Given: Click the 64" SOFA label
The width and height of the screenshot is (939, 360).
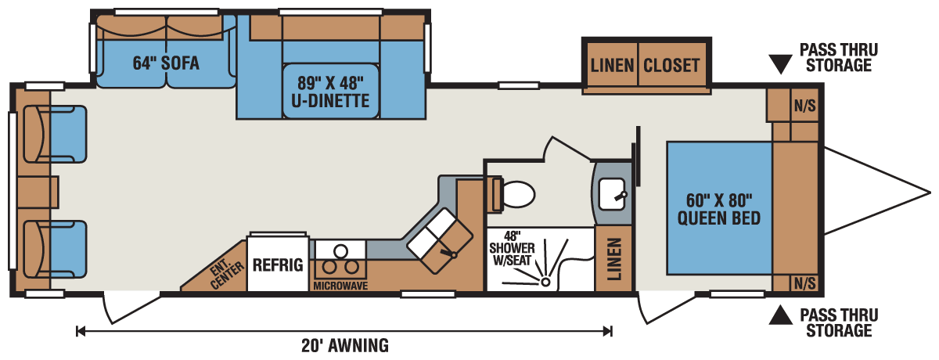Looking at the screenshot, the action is coord(166,63).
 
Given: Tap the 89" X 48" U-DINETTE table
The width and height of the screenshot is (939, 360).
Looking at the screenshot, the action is coord(331,92).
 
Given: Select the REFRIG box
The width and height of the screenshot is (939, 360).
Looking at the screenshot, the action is coord(278,264).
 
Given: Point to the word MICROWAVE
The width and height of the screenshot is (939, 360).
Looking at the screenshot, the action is coord(340,286).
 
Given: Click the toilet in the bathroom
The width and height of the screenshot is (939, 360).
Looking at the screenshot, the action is coord(513,194).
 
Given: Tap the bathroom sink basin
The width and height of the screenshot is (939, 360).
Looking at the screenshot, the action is coord(612,194).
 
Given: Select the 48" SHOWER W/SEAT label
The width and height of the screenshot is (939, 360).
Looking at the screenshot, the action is coord(512,248).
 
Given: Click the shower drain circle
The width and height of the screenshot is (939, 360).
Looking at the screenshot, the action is coord(545,283).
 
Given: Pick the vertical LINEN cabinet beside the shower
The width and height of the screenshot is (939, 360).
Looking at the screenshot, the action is coord(613,258).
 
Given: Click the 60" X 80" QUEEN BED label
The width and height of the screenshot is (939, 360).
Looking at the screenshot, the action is coord(719,210).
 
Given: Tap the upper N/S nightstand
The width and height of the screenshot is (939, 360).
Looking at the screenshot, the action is coord(805,105).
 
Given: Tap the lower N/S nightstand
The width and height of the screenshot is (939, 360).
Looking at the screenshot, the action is coord(805,283).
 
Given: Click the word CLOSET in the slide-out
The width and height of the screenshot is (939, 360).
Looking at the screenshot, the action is coord(671,66).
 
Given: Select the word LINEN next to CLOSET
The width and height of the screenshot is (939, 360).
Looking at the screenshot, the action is coord(612,66).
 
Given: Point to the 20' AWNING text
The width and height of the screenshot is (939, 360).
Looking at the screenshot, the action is coord(345,346).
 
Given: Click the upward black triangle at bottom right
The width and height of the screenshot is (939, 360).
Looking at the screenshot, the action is coord(780,315).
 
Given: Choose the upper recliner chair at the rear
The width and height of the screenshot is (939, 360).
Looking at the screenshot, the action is coord(55,134).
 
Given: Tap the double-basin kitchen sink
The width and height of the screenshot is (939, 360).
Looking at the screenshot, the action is coord(440,241).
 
